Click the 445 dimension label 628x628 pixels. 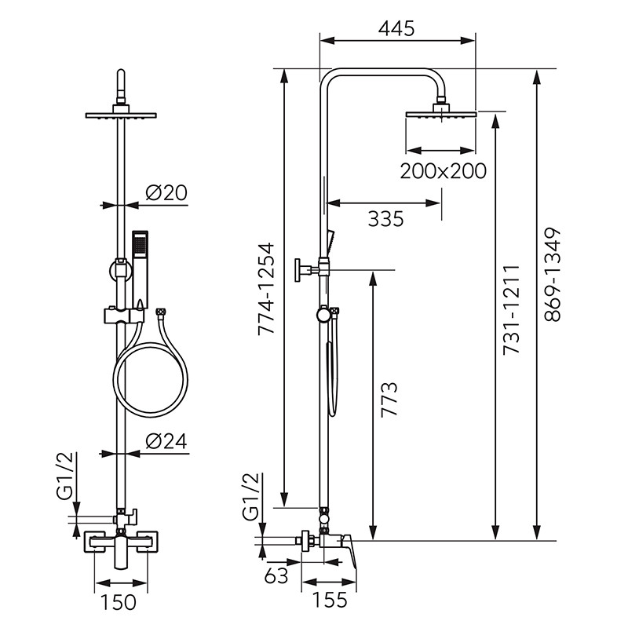pos(396,29)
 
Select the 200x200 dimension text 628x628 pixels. pos(442,170)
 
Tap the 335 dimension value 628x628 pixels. pos(385,218)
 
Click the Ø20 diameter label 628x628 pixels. pos(166,193)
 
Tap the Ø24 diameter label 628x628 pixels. pos(166,441)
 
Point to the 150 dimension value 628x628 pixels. pos(120,602)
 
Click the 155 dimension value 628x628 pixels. pos(330,601)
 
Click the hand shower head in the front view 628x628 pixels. pos(140,244)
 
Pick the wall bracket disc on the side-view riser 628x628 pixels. pos(301,269)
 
